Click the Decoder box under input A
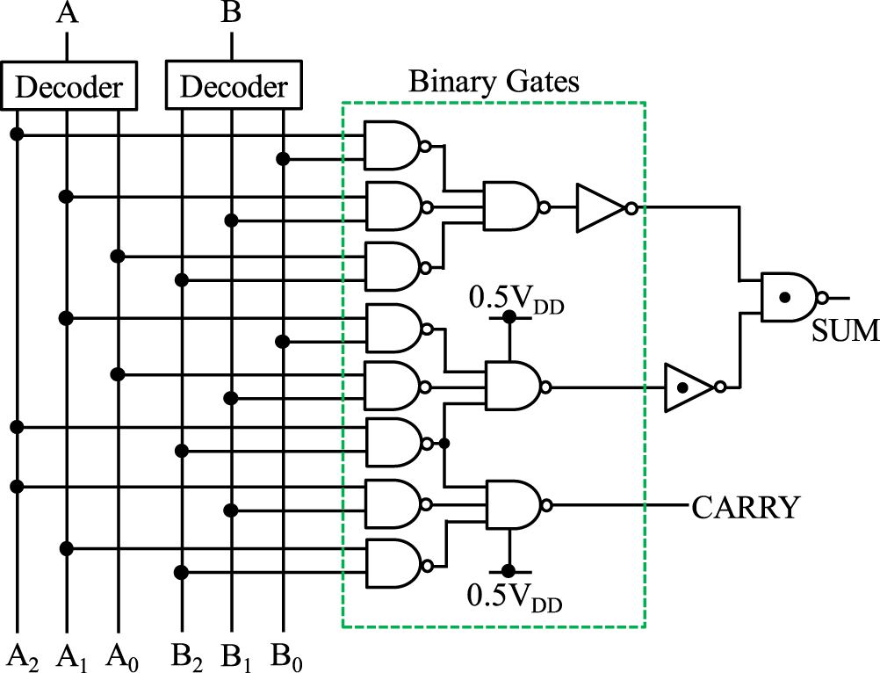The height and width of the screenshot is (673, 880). [x=69, y=86]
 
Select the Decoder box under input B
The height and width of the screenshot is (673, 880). [x=233, y=86]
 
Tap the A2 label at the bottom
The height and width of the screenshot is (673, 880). [x=25, y=655]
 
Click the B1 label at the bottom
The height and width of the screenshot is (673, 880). [x=237, y=655]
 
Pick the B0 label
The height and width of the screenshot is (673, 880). [x=287, y=655]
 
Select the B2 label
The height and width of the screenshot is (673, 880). [x=187, y=655]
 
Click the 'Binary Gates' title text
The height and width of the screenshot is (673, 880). [x=494, y=83]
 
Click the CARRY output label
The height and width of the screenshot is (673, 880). [x=747, y=507]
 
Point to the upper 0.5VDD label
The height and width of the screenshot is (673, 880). [x=516, y=299]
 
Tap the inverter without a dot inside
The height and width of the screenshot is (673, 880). [x=601, y=208]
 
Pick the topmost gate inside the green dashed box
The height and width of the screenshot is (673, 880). [x=393, y=145]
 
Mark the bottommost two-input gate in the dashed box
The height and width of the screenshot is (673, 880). [x=393, y=564]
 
